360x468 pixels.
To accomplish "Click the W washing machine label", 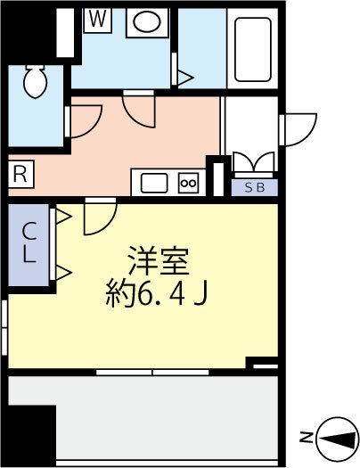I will point(96,19).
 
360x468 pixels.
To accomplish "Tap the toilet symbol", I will point(37,82).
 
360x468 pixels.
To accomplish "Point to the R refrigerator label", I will point(20,175).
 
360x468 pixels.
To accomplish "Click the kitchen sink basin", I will point(154,183).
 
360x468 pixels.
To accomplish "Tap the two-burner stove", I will point(189,183).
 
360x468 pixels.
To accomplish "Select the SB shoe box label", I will point(255,187).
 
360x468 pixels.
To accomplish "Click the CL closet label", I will point(29,242).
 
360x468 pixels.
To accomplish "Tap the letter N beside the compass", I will point(305,437).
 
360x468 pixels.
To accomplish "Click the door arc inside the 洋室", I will point(99,218).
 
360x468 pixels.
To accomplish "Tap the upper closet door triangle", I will point(63,216).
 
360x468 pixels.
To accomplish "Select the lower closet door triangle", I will point(63,270).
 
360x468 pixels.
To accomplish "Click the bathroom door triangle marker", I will point(185,79).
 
